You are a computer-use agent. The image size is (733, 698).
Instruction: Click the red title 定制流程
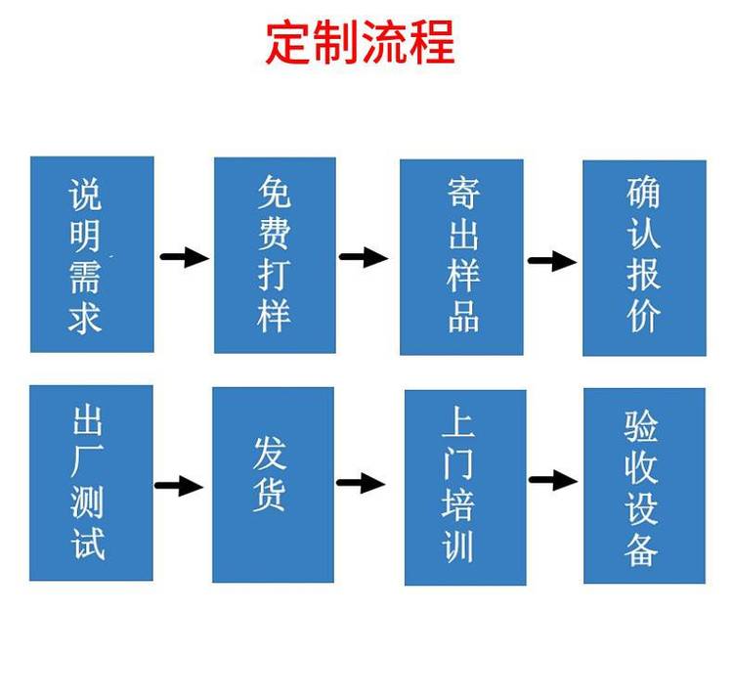click(x=361, y=43)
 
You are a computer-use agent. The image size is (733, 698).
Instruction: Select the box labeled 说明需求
click(x=92, y=254)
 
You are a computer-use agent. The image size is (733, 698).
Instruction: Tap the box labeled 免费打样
click(x=275, y=255)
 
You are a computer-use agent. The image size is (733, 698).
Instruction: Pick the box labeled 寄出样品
click(x=461, y=257)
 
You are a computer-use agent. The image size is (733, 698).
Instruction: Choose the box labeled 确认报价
click(x=644, y=258)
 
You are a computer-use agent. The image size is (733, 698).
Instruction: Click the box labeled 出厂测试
click(x=91, y=483)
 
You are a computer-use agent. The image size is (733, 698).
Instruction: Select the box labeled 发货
click(x=273, y=485)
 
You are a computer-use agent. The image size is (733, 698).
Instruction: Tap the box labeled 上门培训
click(x=465, y=488)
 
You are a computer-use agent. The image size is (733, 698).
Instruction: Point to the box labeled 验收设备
click(x=644, y=486)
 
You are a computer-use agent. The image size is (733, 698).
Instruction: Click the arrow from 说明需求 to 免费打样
click(x=185, y=257)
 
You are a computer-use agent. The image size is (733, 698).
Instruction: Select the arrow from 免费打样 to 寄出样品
click(x=364, y=257)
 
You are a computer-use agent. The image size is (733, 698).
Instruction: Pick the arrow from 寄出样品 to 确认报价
click(x=552, y=260)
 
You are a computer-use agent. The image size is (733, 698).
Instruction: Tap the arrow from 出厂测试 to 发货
click(x=179, y=486)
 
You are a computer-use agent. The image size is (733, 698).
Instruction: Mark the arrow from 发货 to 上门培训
click(x=361, y=483)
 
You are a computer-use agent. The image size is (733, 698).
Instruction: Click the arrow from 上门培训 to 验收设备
click(x=553, y=480)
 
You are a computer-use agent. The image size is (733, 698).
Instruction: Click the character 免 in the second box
click(x=275, y=192)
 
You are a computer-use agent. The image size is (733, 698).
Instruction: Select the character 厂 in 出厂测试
click(x=87, y=461)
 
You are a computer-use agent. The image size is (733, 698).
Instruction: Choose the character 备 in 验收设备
click(x=641, y=549)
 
